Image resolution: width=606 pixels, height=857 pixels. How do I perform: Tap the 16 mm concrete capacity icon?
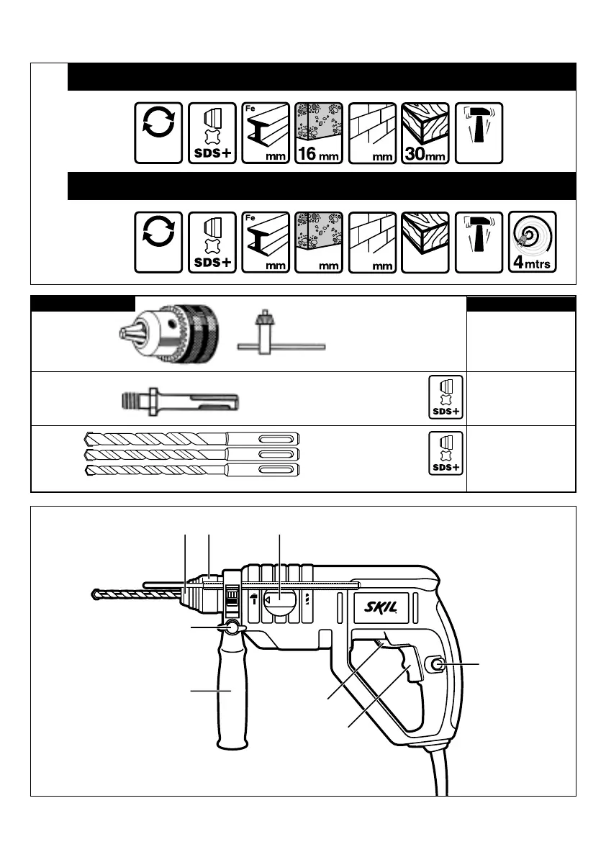tap(319, 133)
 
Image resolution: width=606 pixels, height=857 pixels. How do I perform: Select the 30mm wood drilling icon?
tap(425, 133)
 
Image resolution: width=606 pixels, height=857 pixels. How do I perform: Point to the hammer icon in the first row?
tap(479, 133)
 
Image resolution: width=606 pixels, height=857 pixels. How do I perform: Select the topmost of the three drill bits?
tap(191, 439)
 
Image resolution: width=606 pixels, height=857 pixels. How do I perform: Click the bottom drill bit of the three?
tap(191, 471)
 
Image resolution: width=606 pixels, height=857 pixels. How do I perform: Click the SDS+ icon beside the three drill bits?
tap(445, 453)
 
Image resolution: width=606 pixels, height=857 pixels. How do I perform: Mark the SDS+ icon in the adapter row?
tap(445, 398)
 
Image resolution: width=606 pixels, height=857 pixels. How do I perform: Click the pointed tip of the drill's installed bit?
tap(94, 594)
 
